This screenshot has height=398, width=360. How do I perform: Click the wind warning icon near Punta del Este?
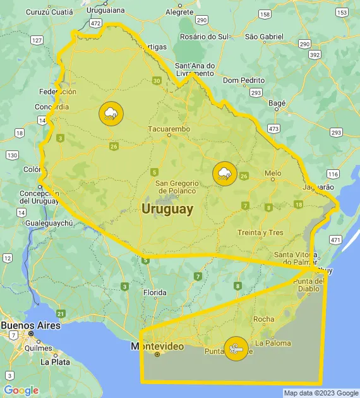pyautogui.click(x=236, y=348)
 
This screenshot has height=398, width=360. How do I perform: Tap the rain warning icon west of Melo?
pyautogui.click(x=224, y=174)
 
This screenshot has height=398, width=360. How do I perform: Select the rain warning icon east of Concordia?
pyautogui.click(x=111, y=114)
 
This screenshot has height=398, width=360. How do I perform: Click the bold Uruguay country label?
pyautogui.click(x=167, y=209)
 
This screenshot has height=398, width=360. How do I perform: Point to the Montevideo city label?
pyautogui.click(x=157, y=346)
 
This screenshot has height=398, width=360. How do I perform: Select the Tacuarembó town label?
pyautogui.click(x=169, y=129)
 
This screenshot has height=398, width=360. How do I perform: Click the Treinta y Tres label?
pyautogui.click(x=260, y=232)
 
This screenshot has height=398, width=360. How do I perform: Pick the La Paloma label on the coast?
pyautogui.click(x=273, y=343)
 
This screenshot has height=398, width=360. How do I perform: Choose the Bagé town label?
pyautogui.click(x=277, y=102)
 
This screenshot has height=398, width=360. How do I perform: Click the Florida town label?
pyautogui.click(x=155, y=292)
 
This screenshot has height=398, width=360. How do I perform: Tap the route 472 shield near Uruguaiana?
pyautogui.click(x=95, y=23)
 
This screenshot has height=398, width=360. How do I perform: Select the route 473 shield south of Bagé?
pyautogui.click(x=273, y=128)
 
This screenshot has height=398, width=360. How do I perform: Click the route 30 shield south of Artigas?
pyautogui.click(x=157, y=80)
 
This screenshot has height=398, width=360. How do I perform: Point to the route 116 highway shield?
pyautogui.click(x=333, y=174)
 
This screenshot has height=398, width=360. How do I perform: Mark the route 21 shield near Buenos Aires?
pyautogui.click(x=61, y=313)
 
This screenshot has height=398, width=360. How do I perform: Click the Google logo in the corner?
pyautogui.click(x=21, y=390)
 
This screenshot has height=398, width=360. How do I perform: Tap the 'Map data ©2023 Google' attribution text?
pyautogui.click(x=321, y=393)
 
